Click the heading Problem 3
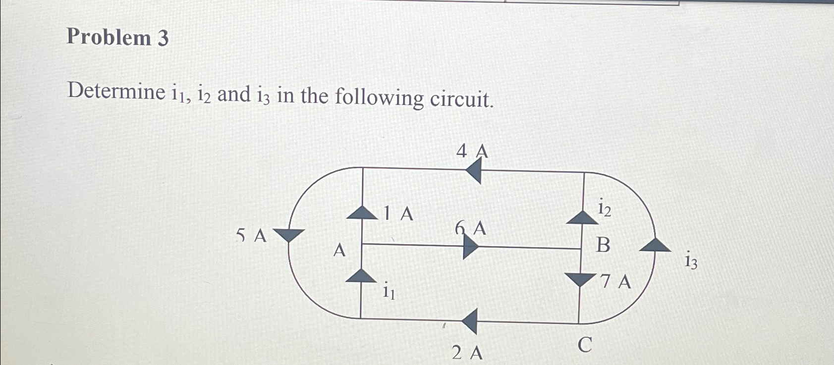[x=117, y=38]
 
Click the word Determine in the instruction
[x=116, y=92]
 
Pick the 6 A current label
[x=471, y=229]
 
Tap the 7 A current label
[x=615, y=282]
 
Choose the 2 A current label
[x=467, y=353]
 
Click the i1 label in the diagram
[x=389, y=291]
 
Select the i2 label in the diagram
[x=605, y=208]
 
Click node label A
[x=339, y=250]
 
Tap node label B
[x=603, y=245]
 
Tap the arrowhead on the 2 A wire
[x=470, y=321]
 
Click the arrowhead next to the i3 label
[x=655, y=245]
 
